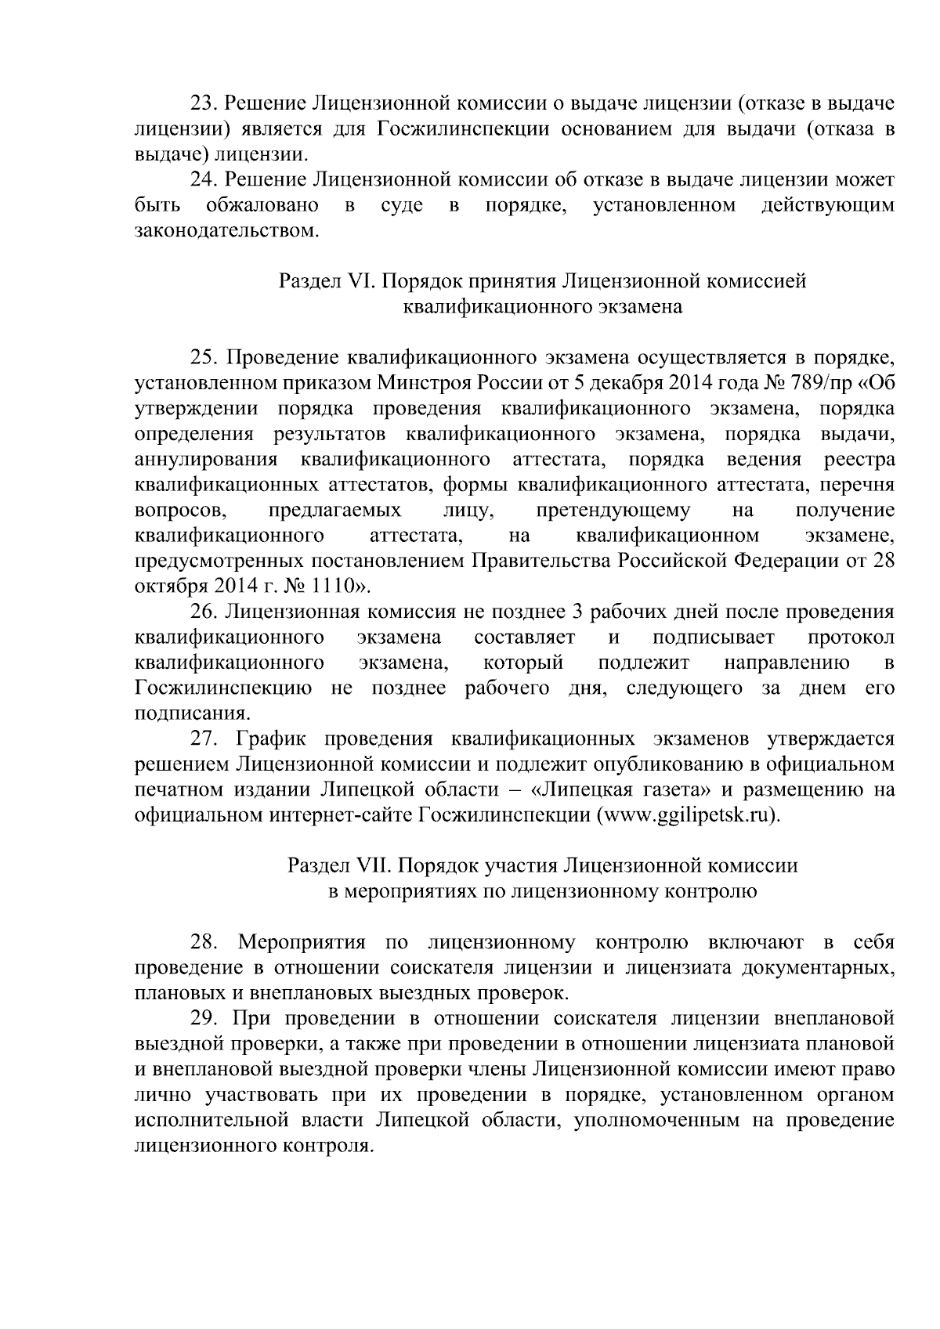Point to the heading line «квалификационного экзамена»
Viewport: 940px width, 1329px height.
pyautogui.click(x=542, y=306)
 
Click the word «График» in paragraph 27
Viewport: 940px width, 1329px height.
pyautogui.click(x=271, y=739)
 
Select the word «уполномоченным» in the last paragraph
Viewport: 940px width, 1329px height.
pyautogui.click(x=656, y=1121)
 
